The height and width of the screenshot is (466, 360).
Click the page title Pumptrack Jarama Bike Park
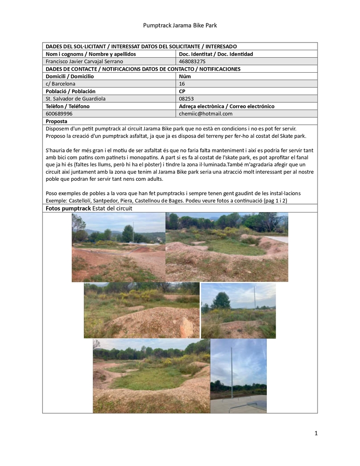coord(180,25)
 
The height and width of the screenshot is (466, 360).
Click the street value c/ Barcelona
coord(61,84)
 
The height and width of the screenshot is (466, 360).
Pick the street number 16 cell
coord(182,84)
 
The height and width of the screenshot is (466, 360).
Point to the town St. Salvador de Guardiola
coord(75,99)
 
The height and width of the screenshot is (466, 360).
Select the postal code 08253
coord(186,99)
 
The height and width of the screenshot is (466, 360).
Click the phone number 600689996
coord(59,114)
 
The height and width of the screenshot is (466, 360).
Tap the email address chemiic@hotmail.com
coord(205,114)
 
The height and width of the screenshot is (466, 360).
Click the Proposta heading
coord(56,121)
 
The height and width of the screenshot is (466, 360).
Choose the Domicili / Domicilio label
coord(69,76)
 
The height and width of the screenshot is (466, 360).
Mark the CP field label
coord(182,91)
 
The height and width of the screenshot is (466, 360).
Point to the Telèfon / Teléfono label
coord(67,106)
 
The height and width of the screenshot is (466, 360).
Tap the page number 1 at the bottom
coord(316,434)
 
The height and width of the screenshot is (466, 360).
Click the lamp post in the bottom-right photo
coord(232,373)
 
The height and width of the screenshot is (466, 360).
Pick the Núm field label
coord(184,76)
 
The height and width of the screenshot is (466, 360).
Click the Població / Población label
coord(70,91)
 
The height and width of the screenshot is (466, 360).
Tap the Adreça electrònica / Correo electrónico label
coord(226,106)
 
